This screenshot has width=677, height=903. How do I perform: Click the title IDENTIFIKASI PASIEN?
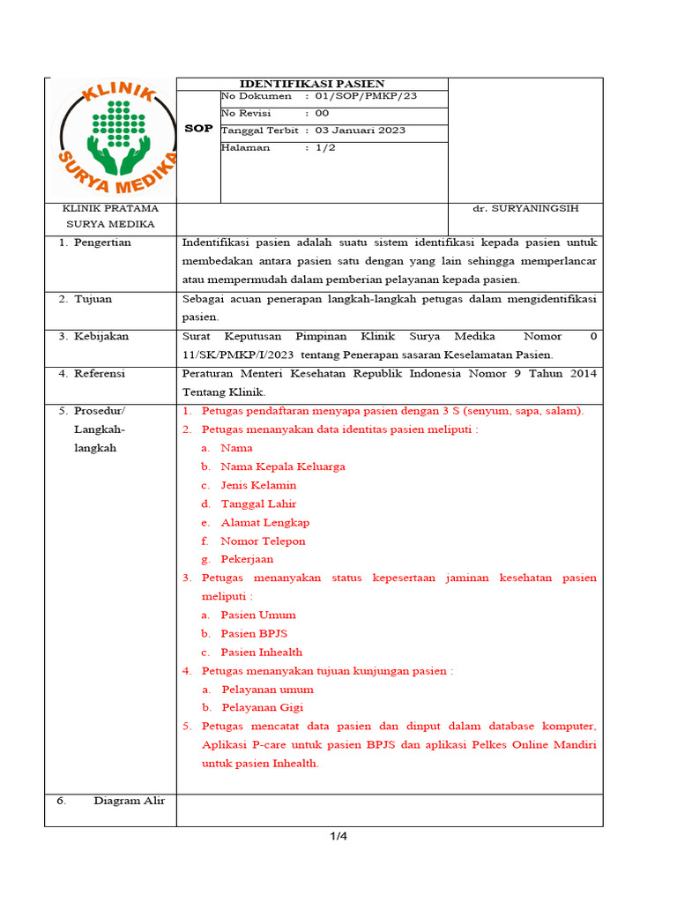(x=313, y=84)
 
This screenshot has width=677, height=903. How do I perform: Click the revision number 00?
(x=322, y=114)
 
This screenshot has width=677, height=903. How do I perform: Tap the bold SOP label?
(x=198, y=129)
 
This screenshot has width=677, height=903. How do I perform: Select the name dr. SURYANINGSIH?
(x=525, y=208)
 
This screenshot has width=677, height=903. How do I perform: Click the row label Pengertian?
(x=102, y=243)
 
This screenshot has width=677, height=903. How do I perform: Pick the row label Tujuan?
(x=93, y=299)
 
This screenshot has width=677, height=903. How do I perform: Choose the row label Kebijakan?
(x=100, y=336)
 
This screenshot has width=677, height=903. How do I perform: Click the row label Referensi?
(x=100, y=374)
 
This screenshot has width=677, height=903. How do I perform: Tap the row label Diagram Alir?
(x=135, y=801)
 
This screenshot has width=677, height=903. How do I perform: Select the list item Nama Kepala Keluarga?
(x=282, y=466)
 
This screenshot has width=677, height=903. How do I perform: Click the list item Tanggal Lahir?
(x=258, y=504)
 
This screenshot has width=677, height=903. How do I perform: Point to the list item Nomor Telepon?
(x=263, y=541)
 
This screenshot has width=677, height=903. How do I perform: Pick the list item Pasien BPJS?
(x=254, y=633)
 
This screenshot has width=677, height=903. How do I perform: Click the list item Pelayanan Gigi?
(x=262, y=707)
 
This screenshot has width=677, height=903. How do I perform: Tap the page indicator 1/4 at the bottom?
(x=338, y=837)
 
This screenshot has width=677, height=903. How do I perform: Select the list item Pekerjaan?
(x=247, y=559)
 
